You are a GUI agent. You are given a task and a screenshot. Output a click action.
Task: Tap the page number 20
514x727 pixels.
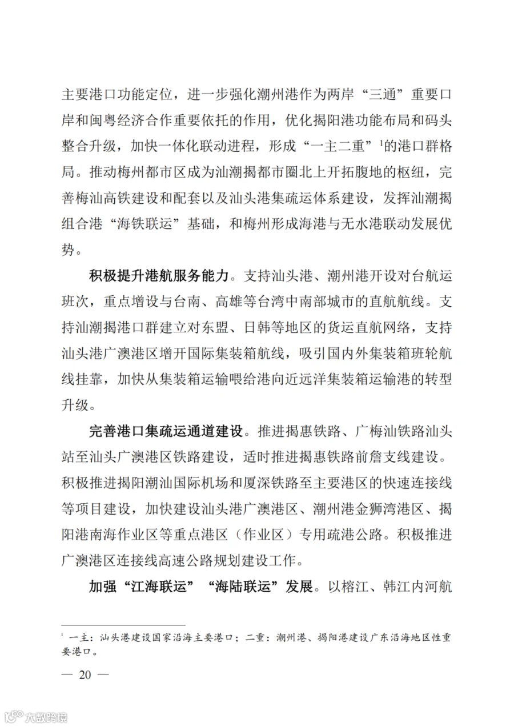point(85,674)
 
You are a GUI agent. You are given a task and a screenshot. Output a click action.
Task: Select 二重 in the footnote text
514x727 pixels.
point(252,638)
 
